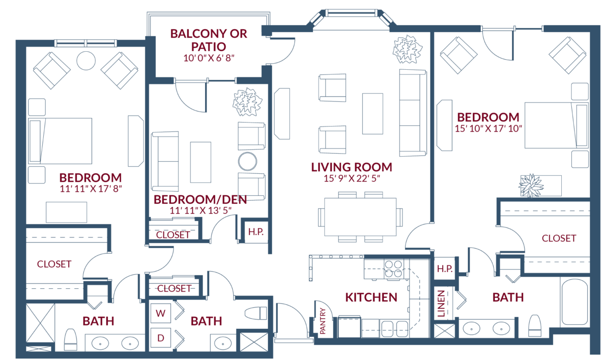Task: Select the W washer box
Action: [161, 313]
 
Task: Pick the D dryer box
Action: [161, 337]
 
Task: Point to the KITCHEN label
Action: [371, 297]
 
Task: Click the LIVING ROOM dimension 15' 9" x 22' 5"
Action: [351, 178]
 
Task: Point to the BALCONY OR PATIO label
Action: [209, 40]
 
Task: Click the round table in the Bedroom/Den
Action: [247, 162]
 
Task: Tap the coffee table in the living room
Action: [372, 113]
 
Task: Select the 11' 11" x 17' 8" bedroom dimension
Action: [91, 188]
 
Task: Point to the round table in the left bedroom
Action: [86, 61]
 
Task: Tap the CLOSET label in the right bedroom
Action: [559, 238]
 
